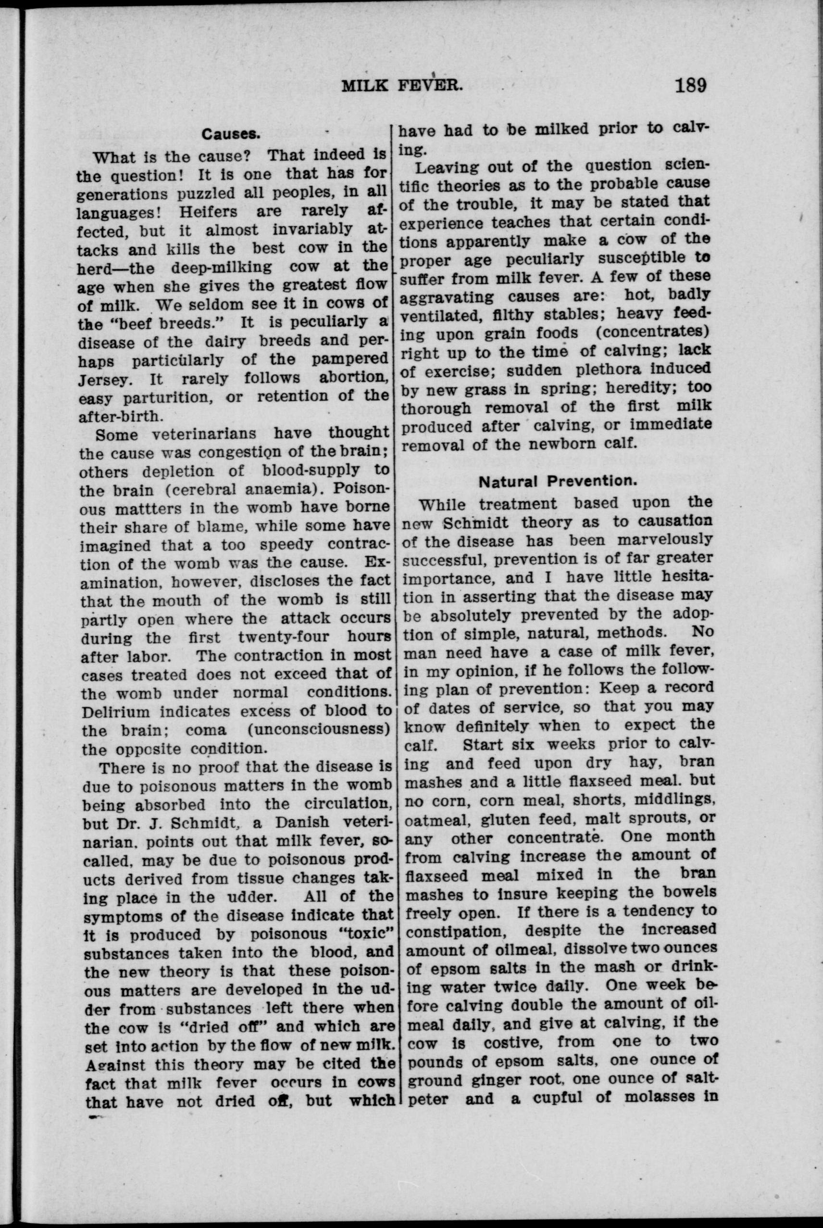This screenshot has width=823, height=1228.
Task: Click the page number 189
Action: [691, 84]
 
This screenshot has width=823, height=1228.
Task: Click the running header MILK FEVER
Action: [402, 85]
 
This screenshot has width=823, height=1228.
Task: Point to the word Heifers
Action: [208, 212]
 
